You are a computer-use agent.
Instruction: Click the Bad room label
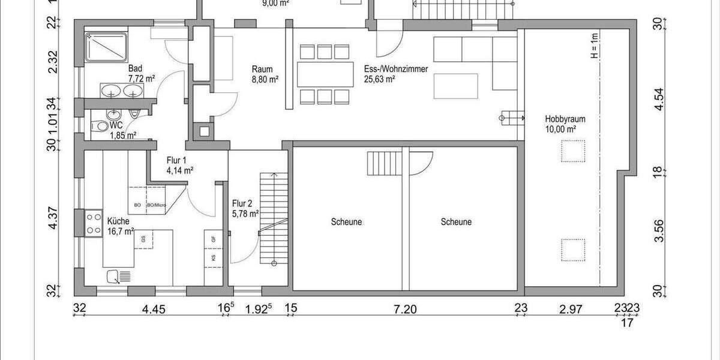click(x=135, y=69)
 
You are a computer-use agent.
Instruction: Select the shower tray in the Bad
click(x=106, y=46)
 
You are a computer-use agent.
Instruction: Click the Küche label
click(x=118, y=220)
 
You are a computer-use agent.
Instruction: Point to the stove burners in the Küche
click(x=94, y=223)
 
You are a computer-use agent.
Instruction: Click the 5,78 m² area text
click(x=245, y=213)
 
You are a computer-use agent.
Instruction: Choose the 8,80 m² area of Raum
click(x=265, y=79)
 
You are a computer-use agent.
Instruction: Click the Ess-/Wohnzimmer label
click(x=395, y=69)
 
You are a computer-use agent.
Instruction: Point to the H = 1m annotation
click(x=594, y=46)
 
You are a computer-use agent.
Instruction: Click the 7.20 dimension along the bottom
click(x=405, y=310)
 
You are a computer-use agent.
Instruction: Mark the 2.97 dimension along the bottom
click(x=571, y=310)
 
